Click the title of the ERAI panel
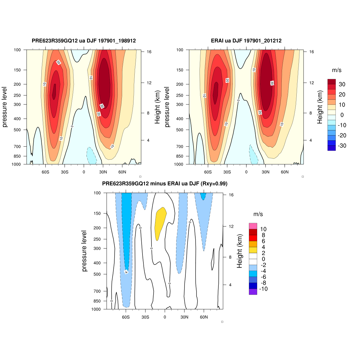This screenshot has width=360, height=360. point(246,41)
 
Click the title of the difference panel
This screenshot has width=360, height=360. point(165,184)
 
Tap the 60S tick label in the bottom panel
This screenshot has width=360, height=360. point(126,317)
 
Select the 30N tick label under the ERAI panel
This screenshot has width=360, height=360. point(265,172)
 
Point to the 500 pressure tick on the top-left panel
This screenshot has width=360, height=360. point(17,130)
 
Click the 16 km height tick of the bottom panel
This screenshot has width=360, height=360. point(231,195)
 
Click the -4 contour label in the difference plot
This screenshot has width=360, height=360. point(126,272)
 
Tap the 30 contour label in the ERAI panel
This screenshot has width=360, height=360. point(272,83)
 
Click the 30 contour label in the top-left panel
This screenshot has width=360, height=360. point(102,106)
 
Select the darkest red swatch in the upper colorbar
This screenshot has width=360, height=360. point(331,82)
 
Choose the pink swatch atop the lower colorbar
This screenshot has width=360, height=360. point(253,226)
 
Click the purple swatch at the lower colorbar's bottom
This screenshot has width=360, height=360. point(253,292)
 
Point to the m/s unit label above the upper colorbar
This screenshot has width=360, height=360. point(337,70)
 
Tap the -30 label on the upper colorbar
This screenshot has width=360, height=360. point(342,146)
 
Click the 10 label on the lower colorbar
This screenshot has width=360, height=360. point(263,229)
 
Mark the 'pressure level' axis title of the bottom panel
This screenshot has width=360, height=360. point(84,251)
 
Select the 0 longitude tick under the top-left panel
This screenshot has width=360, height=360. point(84,172)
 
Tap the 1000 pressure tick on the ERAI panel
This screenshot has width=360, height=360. point(178,164)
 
